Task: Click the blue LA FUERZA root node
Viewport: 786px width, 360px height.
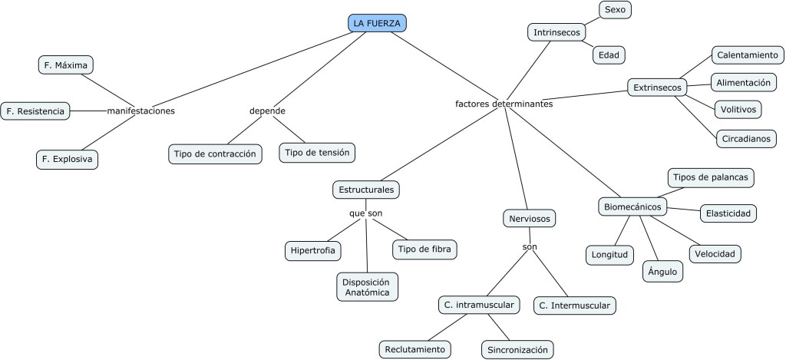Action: click(x=377, y=23)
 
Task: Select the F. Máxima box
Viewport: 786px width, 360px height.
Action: click(x=66, y=64)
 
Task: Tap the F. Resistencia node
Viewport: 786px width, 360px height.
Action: click(x=35, y=111)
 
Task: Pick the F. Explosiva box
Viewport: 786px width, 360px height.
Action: click(x=67, y=160)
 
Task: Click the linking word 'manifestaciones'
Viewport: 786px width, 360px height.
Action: click(x=141, y=111)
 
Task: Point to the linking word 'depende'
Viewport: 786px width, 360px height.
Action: click(x=267, y=111)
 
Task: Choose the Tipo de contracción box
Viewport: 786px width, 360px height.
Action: click(x=215, y=154)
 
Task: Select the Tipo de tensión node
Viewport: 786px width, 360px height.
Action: click(x=317, y=153)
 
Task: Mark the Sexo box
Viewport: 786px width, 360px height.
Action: click(x=615, y=10)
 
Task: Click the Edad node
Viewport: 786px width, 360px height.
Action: click(x=609, y=55)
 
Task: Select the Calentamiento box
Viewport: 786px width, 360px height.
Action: click(x=747, y=55)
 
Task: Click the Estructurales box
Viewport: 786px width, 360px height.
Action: click(x=367, y=188)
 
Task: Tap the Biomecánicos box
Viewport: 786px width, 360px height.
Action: click(x=632, y=206)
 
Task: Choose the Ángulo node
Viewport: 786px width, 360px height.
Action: click(x=662, y=271)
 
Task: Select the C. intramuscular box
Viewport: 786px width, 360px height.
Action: click(x=479, y=306)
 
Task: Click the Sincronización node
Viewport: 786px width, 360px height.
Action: click(x=517, y=350)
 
